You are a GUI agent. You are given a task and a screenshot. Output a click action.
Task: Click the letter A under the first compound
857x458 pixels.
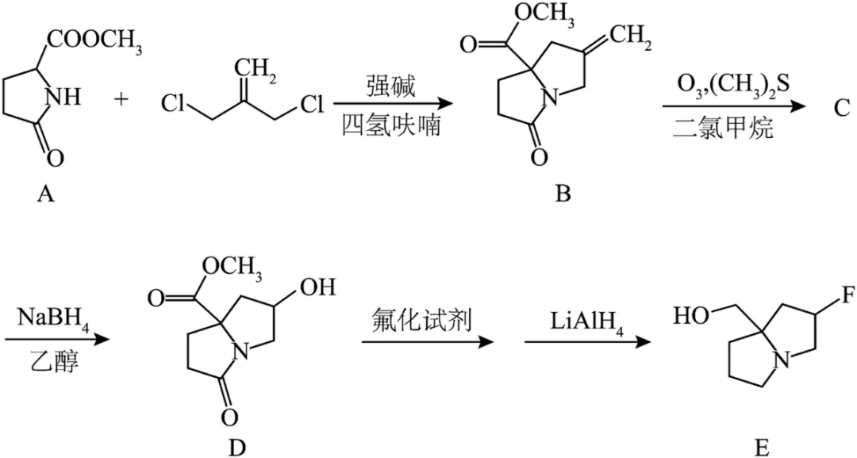click(x=46, y=194)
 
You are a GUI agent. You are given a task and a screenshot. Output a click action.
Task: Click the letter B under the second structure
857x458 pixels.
click(x=563, y=194)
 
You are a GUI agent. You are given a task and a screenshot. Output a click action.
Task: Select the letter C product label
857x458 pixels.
click(x=842, y=108)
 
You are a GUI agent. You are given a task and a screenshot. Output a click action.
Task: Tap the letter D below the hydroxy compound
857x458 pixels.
click(x=238, y=448)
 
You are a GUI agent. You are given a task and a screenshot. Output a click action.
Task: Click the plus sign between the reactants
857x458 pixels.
click(x=121, y=99)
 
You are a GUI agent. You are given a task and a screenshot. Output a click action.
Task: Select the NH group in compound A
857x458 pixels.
click(x=64, y=97)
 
